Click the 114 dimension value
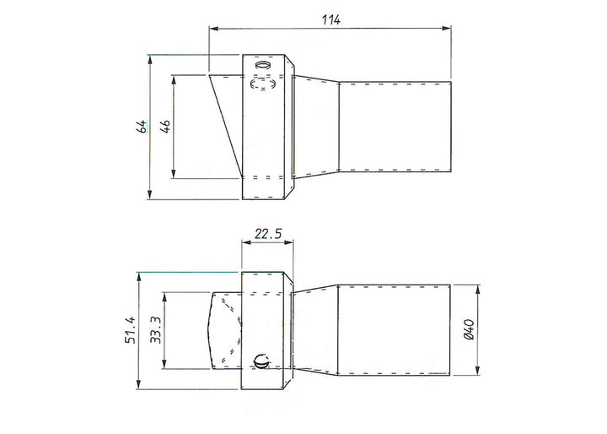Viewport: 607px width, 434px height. (331, 19)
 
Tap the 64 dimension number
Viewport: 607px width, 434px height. (142, 127)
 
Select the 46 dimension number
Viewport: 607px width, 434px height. (165, 127)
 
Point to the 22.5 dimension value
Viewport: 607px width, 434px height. (268, 234)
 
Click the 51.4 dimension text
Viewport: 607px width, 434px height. (131, 330)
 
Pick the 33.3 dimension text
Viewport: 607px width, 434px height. (156, 330)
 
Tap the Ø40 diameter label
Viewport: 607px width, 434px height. (469, 329)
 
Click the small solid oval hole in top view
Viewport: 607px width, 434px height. (262, 64)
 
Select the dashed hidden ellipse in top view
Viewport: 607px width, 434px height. (263, 84)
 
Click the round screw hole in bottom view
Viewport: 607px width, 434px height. (261, 362)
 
